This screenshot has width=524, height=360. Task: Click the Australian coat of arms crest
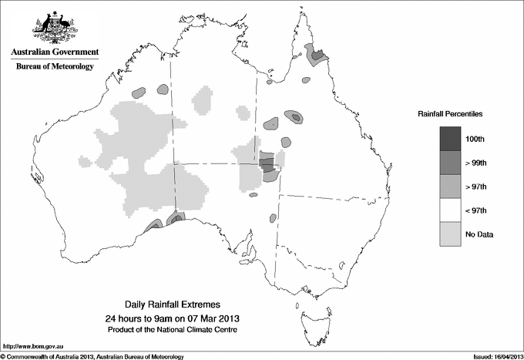coord(55,26)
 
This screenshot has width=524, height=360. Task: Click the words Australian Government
coord(55,52)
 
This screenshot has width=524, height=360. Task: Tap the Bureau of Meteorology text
coord(55,67)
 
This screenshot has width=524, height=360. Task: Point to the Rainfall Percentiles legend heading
coord(450,113)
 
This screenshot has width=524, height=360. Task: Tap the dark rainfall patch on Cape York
coord(315,54)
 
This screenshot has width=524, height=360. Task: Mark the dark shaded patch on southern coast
coord(176,218)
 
